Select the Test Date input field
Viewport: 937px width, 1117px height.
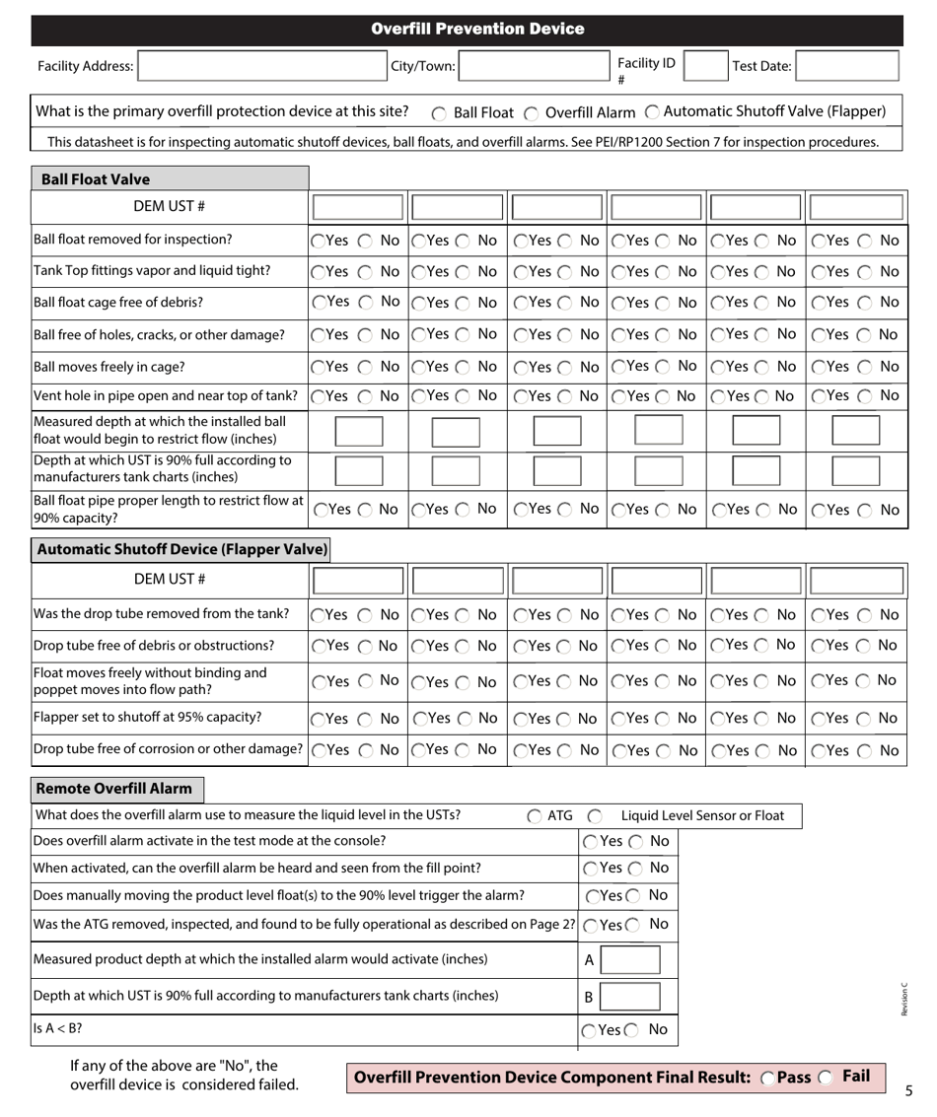click(x=847, y=66)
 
